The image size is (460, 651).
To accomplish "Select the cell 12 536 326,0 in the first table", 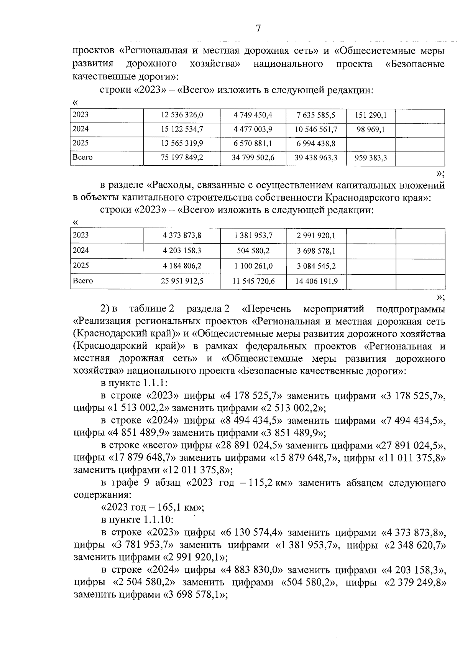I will [x=182, y=115].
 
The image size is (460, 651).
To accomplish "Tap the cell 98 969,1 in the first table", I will [x=370, y=130].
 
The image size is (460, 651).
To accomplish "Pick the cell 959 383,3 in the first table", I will [x=371, y=158].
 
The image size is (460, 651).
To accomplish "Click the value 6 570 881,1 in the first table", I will [x=253, y=143].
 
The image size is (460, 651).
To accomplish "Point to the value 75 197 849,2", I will [x=182, y=158].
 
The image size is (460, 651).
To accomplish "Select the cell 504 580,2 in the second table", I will [x=253, y=251].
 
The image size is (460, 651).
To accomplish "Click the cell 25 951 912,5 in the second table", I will [x=182, y=281].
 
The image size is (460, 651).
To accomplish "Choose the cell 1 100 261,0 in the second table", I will [x=253, y=266].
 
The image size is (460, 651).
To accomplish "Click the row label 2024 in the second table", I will [x=81, y=251].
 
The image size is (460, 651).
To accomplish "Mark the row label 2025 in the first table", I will [x=81, y=143].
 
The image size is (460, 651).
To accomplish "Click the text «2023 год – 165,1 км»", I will [x=152, y=508].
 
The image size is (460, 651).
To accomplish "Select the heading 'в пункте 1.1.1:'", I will [x=134, y=383].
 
